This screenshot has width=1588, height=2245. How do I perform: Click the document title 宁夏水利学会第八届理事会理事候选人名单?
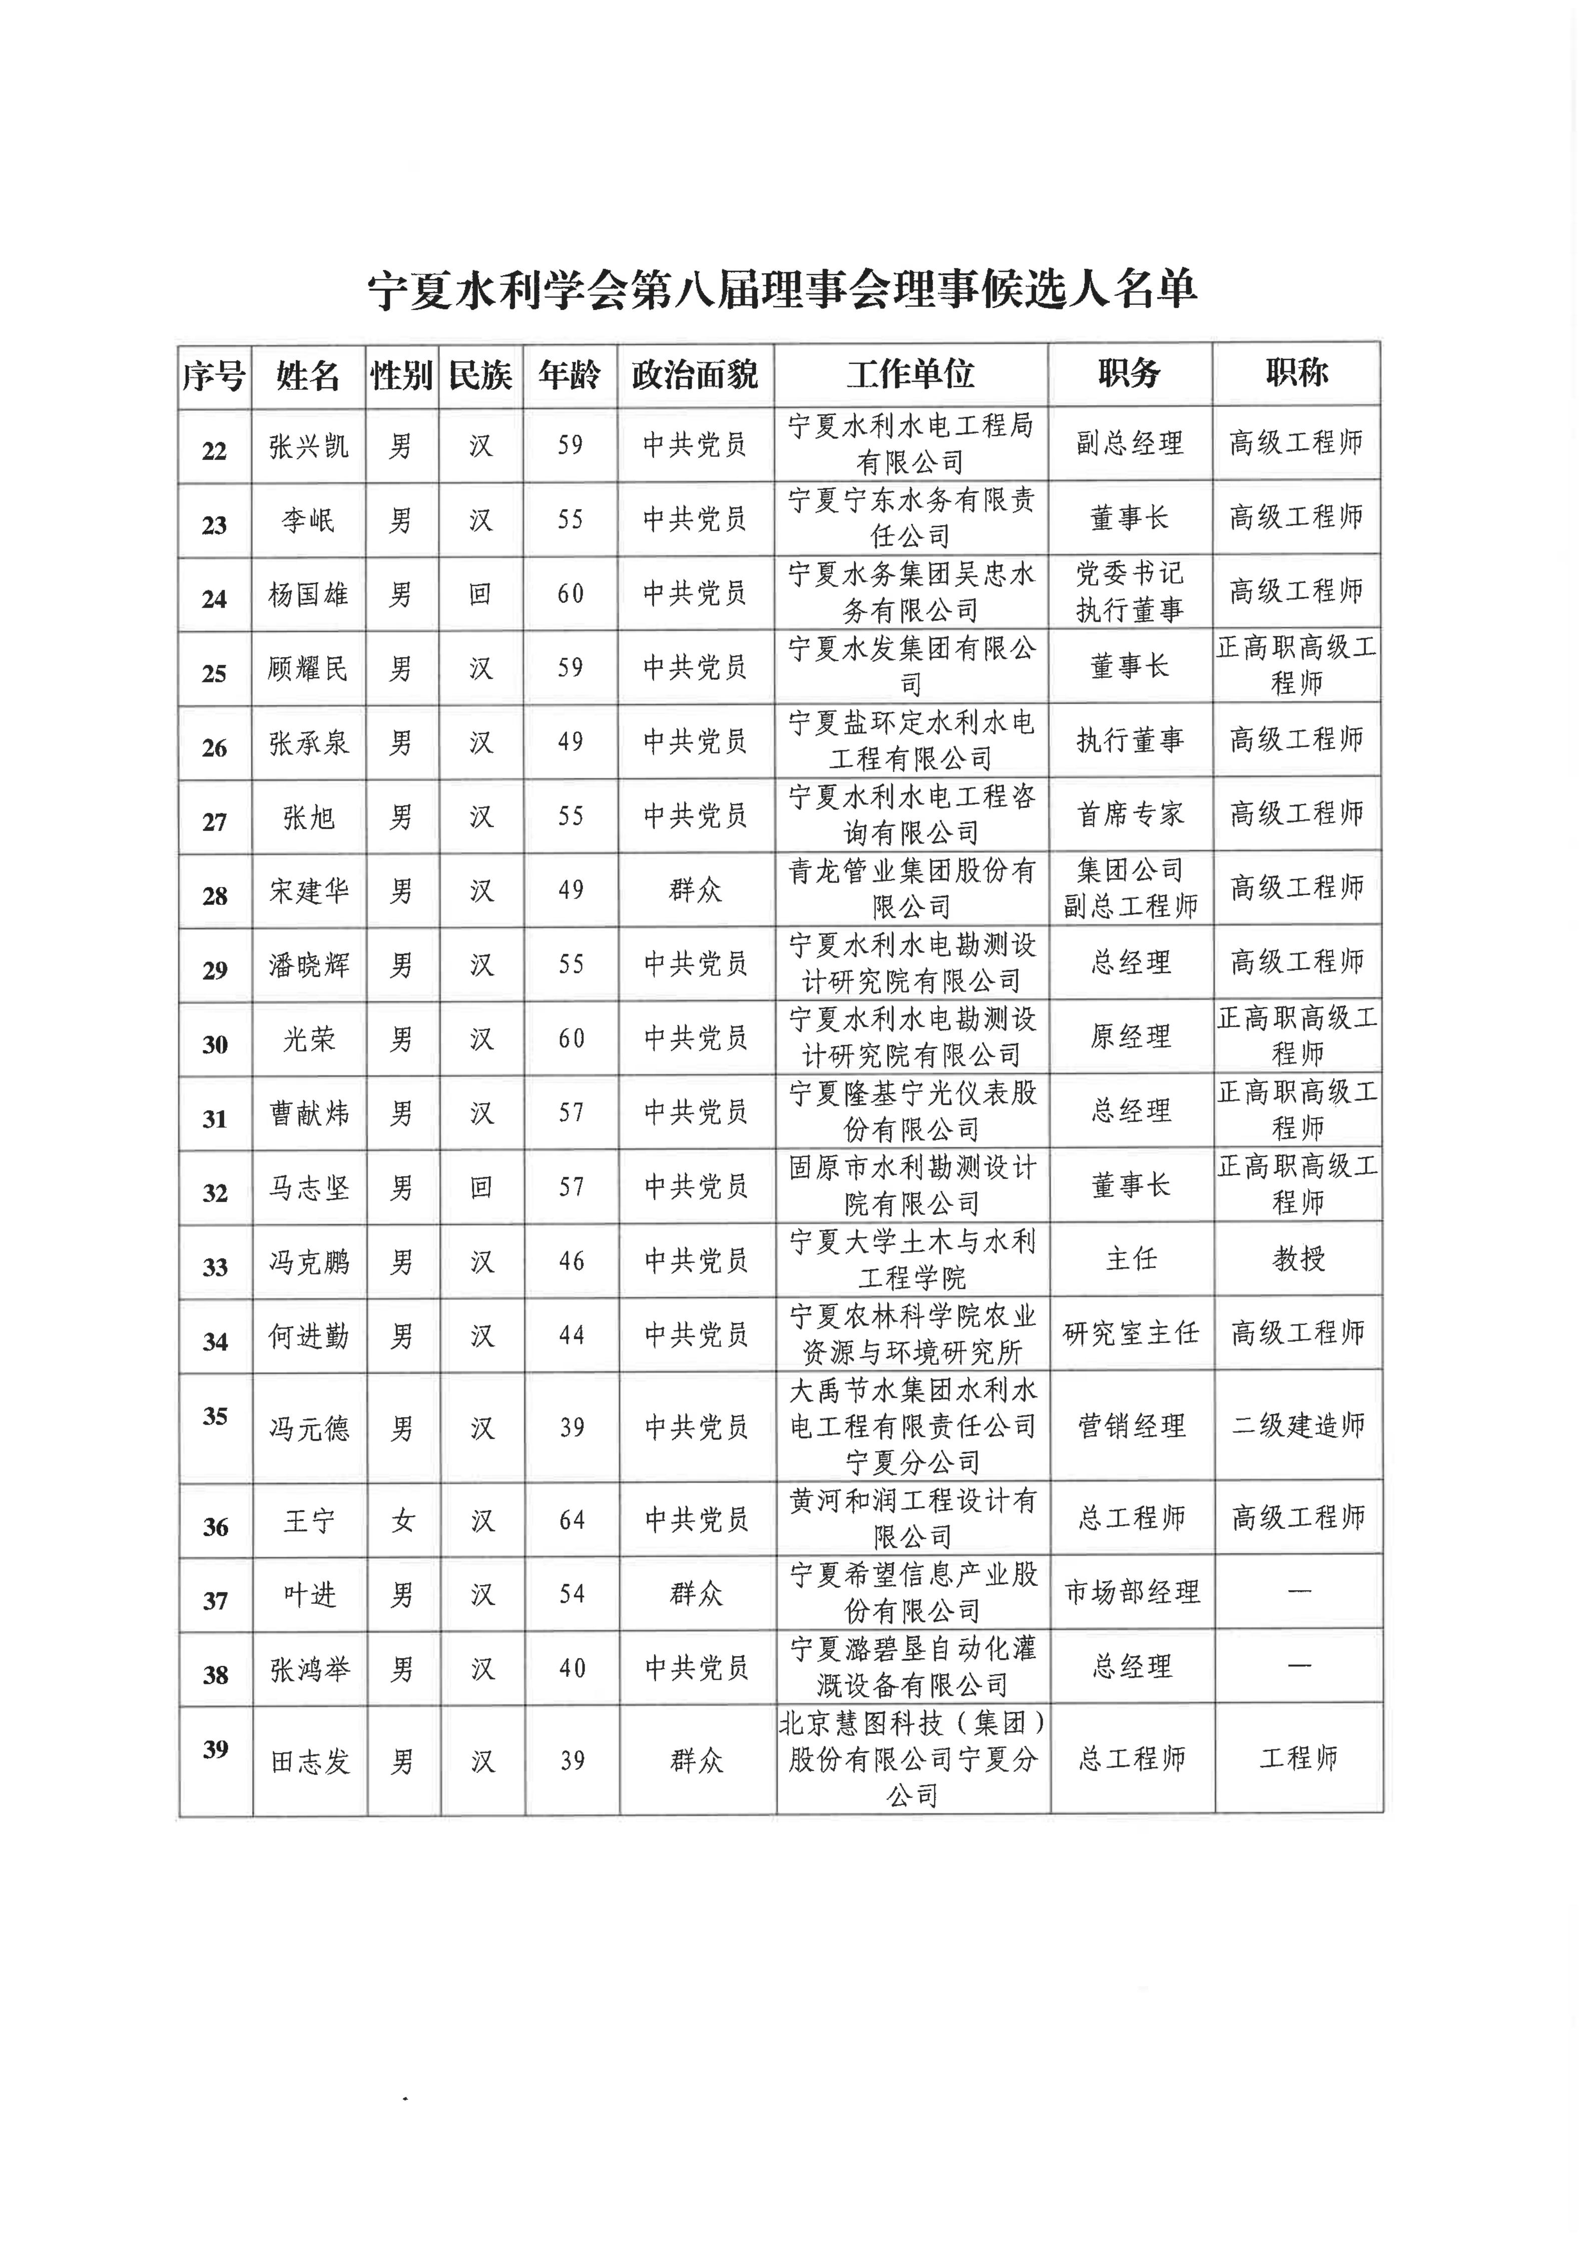click(782, 289)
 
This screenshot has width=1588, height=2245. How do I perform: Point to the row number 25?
click(214, 673)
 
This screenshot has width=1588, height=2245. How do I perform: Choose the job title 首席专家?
click(1131, 813)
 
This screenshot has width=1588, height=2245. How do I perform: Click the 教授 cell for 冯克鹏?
click(1299, 1259)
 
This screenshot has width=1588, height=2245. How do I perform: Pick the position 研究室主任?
click(1132, 1333)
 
